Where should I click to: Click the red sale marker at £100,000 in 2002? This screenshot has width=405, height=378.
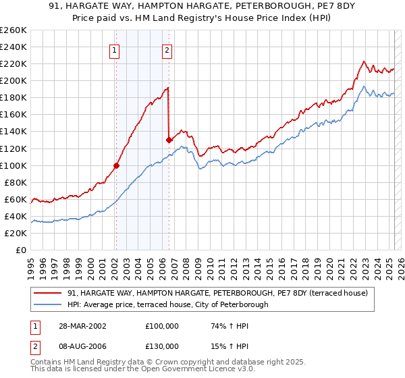(x=116, y=165)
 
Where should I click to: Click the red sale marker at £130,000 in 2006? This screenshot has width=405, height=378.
(x=168, y=140)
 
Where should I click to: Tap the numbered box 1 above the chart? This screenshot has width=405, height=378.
(x=115, y=49)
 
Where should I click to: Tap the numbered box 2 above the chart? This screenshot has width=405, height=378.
(x=167, y=49)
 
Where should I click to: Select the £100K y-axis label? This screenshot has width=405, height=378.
(x=13, y=165)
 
